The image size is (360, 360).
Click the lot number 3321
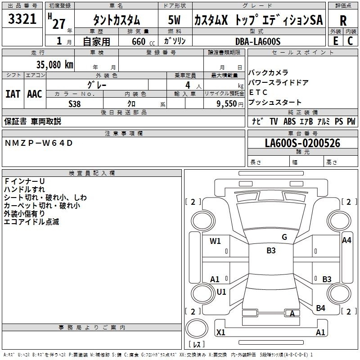pos(22,19)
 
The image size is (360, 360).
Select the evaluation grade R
pos(343,21)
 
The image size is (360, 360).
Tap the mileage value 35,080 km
pos(54,64)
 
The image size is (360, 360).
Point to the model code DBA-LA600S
pos(258,41)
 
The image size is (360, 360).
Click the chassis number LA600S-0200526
pos(302,143)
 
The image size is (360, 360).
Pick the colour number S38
pos(75,104)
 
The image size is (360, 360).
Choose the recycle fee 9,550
pos(227,104)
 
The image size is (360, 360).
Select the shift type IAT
pos(13,94)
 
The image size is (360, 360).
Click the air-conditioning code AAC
pos(35,94)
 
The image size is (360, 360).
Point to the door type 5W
pos(174,20)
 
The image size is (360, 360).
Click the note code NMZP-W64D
pos(39,143)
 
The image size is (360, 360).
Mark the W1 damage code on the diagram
pos(215,241)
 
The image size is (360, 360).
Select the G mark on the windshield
pos(284,237)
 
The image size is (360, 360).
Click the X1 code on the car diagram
pos(220,332)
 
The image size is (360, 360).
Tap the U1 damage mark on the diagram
pos(221,292)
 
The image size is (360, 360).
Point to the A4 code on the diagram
pos(346,240)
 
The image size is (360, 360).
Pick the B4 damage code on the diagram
pos(320,308)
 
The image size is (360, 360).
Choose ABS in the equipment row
pos(289,121)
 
